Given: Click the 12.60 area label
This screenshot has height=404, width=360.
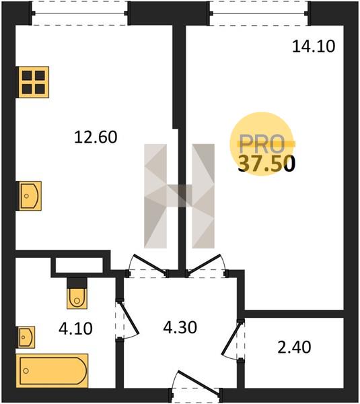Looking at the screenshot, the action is click(x=96, y=137).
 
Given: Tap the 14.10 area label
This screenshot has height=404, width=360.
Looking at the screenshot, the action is click(x=314, y=46).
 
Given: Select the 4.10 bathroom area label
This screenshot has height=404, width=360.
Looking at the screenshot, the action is click(x=75, y=329).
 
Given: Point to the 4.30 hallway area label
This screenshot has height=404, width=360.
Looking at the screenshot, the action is click(x=180, y=327).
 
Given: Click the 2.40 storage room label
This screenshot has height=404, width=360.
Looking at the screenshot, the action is click(x=294, y=347).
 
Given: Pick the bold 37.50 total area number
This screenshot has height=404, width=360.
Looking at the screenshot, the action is click(x=266, y=164).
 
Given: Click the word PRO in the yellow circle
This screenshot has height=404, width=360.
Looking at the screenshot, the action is click(x=262, y=144).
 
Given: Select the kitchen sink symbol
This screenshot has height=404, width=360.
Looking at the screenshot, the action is click(x=29, y=196).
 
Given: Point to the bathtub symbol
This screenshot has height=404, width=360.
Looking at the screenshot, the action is click(x=52, y=370).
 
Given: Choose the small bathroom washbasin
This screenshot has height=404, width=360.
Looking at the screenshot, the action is click(x=26, y=337).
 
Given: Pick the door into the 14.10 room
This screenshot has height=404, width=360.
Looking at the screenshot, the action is click(x=205, y=265).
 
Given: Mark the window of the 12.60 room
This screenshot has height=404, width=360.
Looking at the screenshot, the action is click(x=79, y=13).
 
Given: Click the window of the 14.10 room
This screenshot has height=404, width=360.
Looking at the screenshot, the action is click(x=258, y=13).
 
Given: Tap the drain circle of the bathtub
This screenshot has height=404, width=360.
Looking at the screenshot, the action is click(x=26, y=371).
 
